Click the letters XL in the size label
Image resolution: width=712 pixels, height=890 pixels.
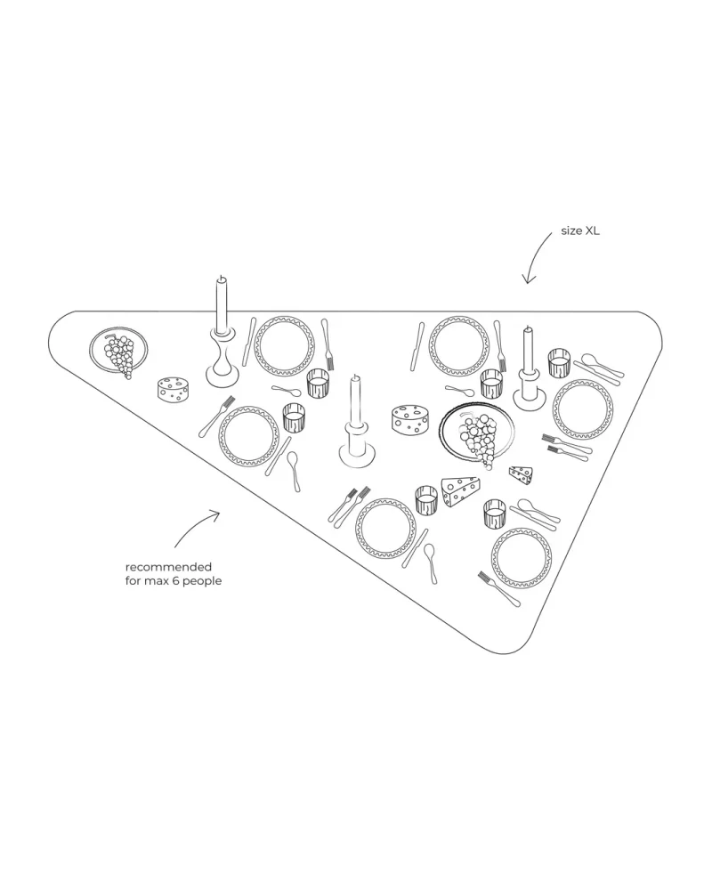pos(593,231)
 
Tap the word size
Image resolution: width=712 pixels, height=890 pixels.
pos(570,231)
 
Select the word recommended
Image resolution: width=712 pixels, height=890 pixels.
pos(168,566)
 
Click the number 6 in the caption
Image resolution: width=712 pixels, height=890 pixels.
pos(174,580)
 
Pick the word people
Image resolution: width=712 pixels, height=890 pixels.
pos(202,580)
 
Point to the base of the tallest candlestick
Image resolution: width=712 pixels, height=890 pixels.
pos(222,372)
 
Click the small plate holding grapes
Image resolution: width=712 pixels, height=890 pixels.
pos(117,352)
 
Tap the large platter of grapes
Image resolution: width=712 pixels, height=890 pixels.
pos(477,433)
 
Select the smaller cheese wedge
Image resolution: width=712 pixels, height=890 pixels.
pos(522,473)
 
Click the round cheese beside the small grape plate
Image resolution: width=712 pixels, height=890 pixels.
pos(174,389)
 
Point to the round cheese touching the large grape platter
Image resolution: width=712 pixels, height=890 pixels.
pos(410,419)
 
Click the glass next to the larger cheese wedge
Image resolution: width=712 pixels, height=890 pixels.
pos(426,499)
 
